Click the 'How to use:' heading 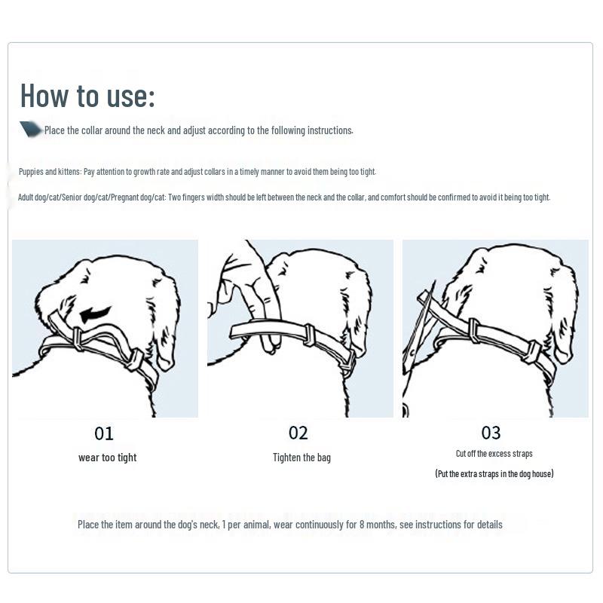tap(87, 96)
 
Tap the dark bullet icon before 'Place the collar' tap(31, 130)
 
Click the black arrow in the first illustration tap(96, 313)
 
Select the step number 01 tap(104, 433)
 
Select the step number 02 tap(298, 433)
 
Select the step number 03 tap(491, 433)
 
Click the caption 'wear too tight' tap(107, 458)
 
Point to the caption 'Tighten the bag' tap(301, 458)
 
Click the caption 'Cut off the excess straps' tap(494, 454)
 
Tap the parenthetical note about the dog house tap(494, 474)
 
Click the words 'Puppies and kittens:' tap(50, 172)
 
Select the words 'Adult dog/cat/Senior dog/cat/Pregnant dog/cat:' tap(91, 197)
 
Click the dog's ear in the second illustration tap(358, 309)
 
